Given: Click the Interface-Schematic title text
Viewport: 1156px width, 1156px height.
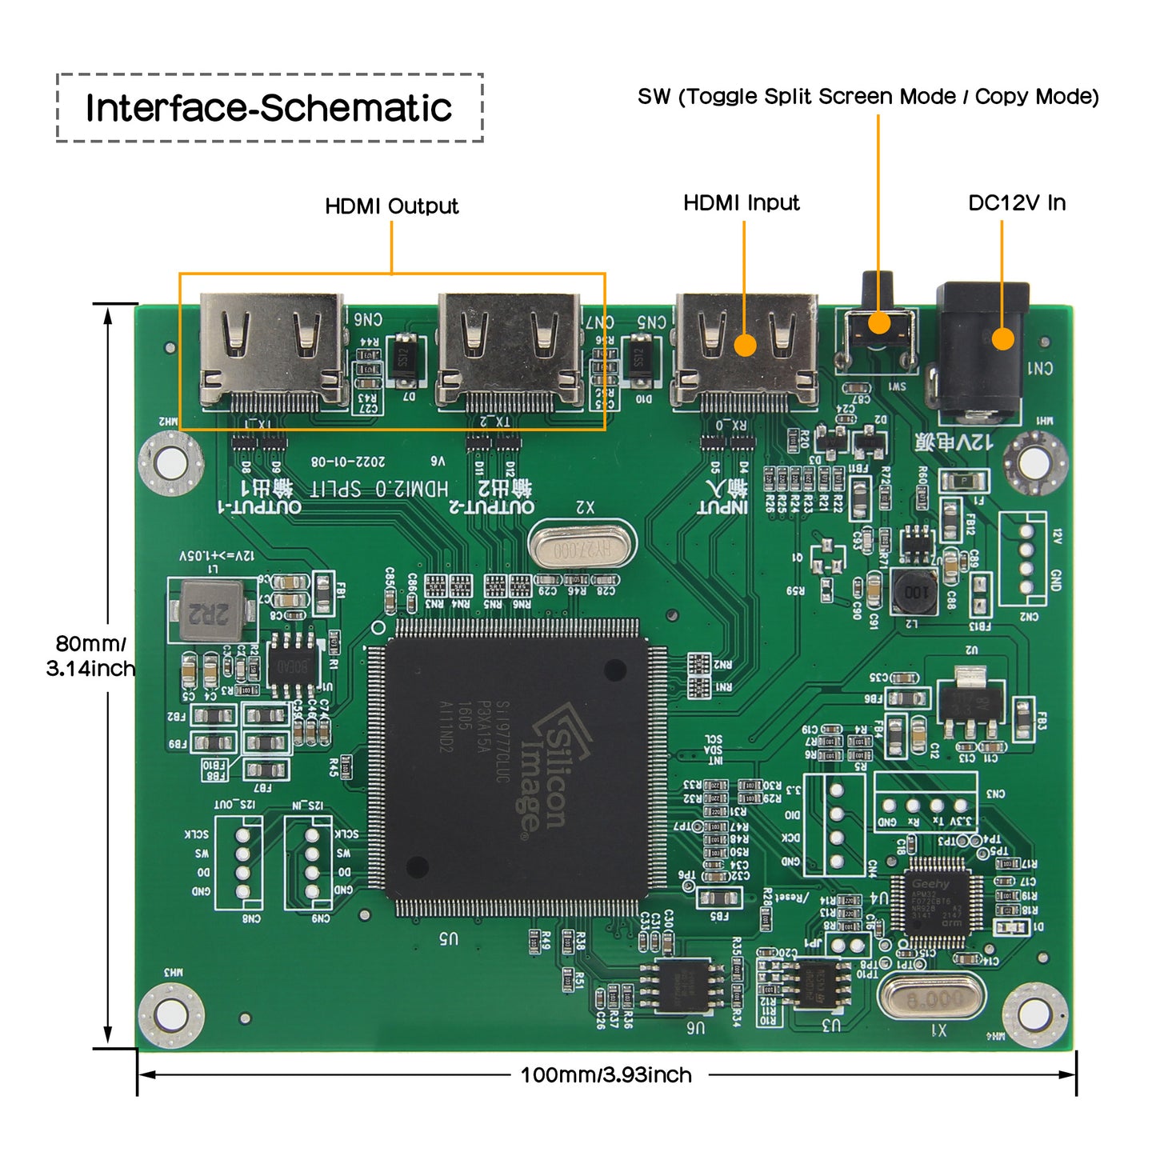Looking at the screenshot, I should point(269,108).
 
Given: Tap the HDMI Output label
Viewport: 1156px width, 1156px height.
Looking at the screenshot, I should point(391,206).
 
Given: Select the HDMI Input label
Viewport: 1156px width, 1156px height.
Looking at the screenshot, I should point(741,203).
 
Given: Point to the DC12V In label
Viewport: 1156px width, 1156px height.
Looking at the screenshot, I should point(1016,203).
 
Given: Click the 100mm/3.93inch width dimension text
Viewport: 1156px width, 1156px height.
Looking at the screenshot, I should point(606,1074).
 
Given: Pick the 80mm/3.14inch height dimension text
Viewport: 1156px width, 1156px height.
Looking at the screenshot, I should point(90,656).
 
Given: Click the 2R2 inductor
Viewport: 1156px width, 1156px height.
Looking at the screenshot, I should point(211,612).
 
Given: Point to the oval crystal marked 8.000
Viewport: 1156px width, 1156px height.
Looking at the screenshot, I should point(932,997).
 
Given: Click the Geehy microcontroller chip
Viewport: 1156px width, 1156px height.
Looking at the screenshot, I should point(937,902).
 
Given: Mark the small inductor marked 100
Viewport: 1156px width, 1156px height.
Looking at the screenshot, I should point(915,592).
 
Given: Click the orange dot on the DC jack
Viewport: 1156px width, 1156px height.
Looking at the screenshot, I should point(1002,339).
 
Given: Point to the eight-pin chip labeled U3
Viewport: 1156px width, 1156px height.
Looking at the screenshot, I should point(816,985).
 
